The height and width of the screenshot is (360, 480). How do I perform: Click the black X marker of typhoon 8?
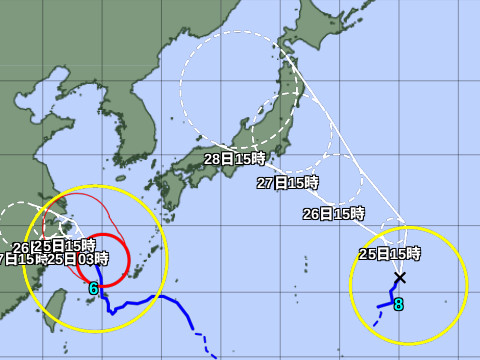coord(400,277)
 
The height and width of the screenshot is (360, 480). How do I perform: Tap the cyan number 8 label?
coord(398,304)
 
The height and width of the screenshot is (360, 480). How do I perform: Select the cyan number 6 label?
coord(93,289)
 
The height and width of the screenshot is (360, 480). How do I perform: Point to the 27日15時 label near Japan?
coord(287,183)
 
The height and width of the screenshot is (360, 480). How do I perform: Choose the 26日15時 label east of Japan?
coord(334,214)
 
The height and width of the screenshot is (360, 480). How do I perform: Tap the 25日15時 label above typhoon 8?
coord(390,254)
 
